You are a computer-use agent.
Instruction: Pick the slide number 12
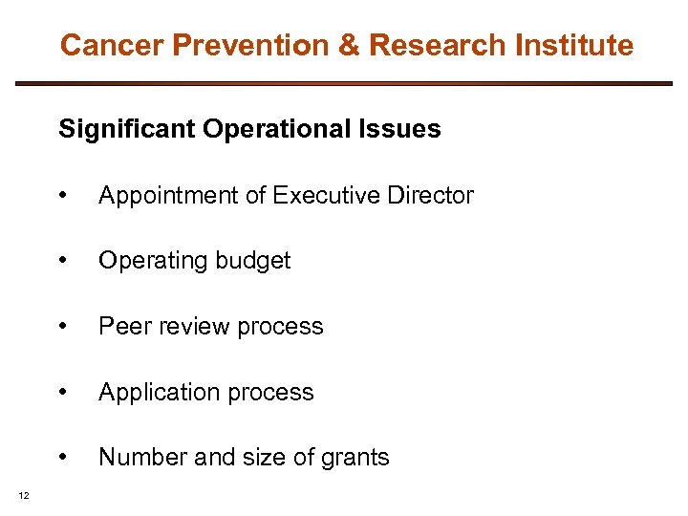(23, 494)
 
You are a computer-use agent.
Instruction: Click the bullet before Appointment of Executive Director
(62, 196)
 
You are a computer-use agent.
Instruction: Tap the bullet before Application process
(62, 393)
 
